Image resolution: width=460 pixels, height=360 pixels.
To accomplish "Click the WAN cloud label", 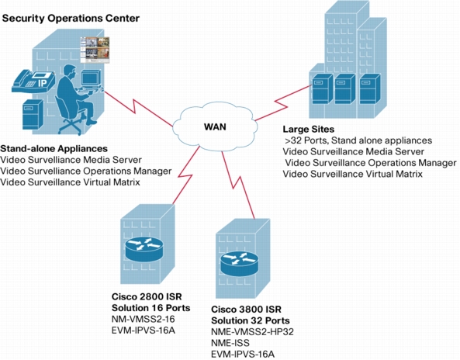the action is point(215,127).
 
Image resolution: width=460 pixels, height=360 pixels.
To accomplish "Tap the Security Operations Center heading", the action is point(71,18).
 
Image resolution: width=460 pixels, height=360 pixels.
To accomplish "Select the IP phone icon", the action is point(33,81).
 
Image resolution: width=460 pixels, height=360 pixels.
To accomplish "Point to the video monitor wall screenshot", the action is point(95,50).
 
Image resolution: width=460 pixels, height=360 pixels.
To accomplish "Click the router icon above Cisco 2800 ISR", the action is point(144,248).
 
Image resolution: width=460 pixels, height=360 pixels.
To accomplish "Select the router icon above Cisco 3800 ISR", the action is point(240,264).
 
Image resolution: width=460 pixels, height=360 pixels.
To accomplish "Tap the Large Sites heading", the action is point(308,129).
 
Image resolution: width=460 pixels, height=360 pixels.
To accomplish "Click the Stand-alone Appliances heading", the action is point(54,148).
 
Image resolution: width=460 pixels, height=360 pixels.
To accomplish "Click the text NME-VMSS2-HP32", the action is point(252,331).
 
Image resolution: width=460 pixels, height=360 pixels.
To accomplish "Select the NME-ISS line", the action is point(230,343).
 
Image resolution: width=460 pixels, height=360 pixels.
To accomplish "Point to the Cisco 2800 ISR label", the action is point(147,296).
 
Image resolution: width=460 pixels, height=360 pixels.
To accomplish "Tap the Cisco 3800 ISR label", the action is point(246,310).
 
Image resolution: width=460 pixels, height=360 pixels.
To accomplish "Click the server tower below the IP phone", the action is point(33,114).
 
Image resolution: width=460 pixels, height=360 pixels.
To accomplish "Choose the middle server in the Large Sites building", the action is point(345,88).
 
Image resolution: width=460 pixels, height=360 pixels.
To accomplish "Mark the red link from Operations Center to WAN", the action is point(138,109).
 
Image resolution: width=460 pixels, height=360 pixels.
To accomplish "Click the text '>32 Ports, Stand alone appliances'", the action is point(358,140).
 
